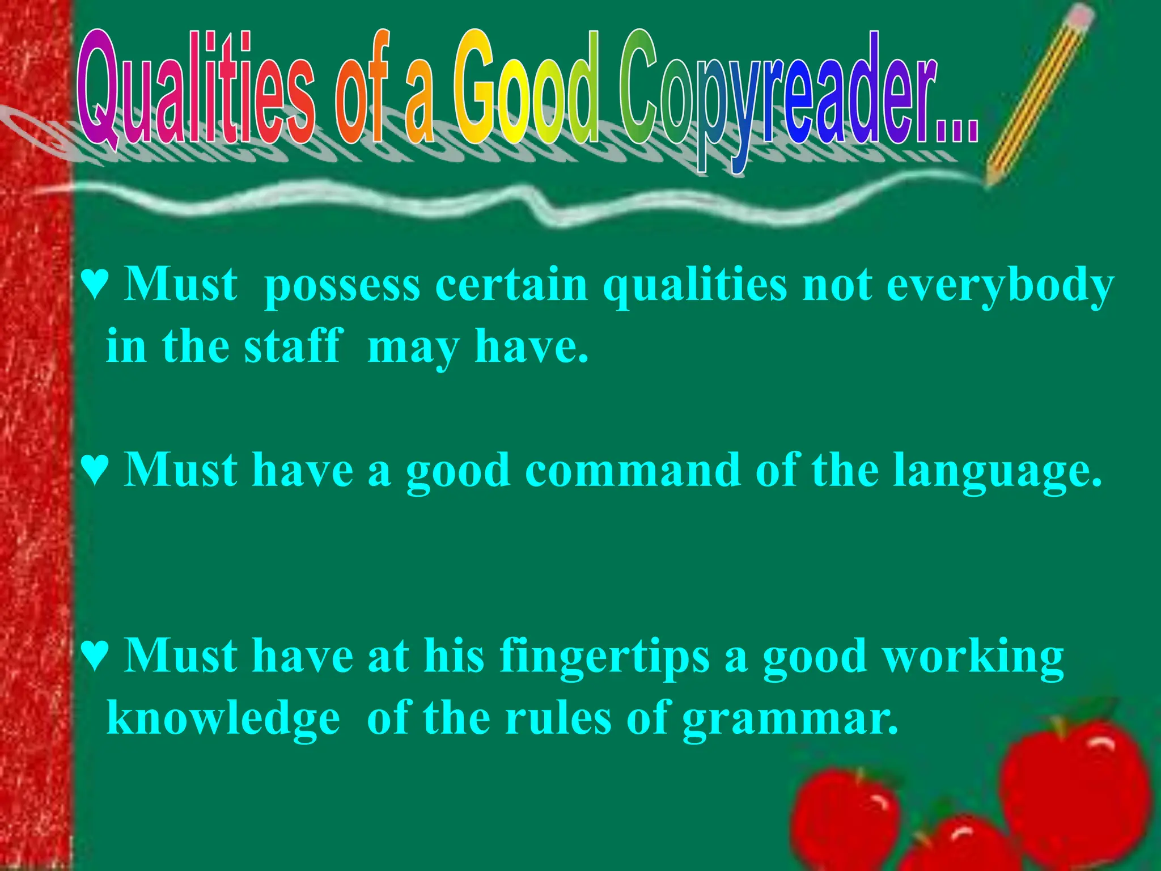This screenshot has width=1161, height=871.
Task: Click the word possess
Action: click(342, 286)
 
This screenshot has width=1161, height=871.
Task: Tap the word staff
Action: click(293, 347)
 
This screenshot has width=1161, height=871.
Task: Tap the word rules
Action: click(558, 718)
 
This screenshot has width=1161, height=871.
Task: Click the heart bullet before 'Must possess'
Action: click(94, 285)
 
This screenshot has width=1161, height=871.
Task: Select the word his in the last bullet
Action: click(454, 657)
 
